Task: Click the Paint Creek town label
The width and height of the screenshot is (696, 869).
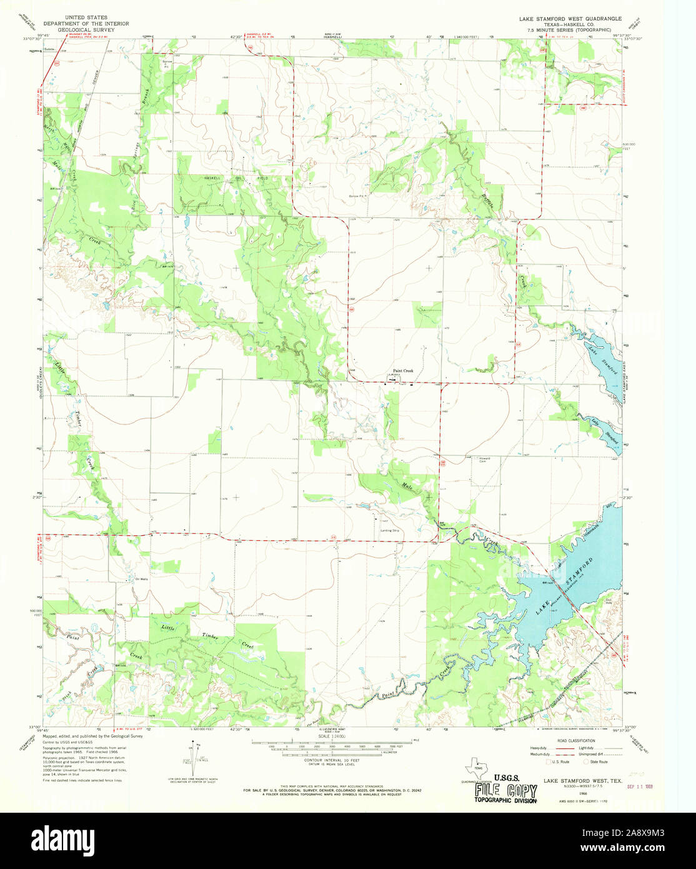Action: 402,371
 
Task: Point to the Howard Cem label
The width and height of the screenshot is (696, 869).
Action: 484,460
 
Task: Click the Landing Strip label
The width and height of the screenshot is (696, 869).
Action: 389,531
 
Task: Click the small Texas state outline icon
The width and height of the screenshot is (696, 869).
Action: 478,768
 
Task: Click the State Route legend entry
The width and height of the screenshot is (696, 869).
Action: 597,761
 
